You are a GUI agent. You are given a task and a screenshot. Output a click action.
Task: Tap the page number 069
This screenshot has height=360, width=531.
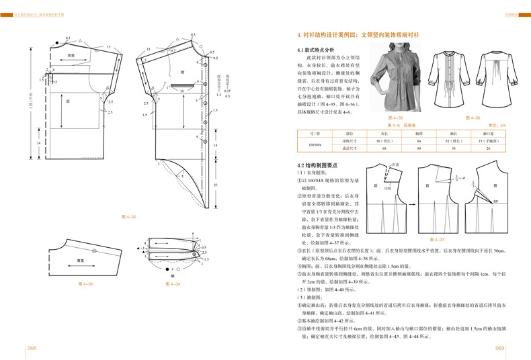[x=499, y=348]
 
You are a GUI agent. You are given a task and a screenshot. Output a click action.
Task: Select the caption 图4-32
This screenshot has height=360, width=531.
[x=128, y=217]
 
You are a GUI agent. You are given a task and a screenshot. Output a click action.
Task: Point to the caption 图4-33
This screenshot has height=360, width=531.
[x=85, y=284]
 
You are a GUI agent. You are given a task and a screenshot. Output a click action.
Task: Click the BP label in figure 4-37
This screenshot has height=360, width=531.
[x=495, y=201]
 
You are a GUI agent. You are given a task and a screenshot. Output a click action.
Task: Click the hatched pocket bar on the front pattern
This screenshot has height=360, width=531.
[x=179, y=87]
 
